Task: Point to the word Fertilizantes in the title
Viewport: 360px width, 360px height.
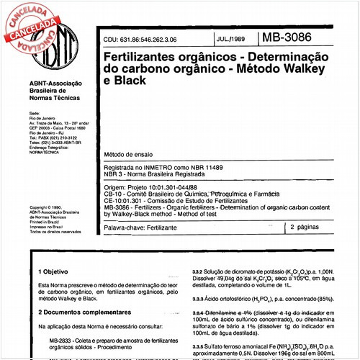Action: pos(140,55)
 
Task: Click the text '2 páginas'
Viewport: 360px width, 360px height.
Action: pos(307,227)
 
